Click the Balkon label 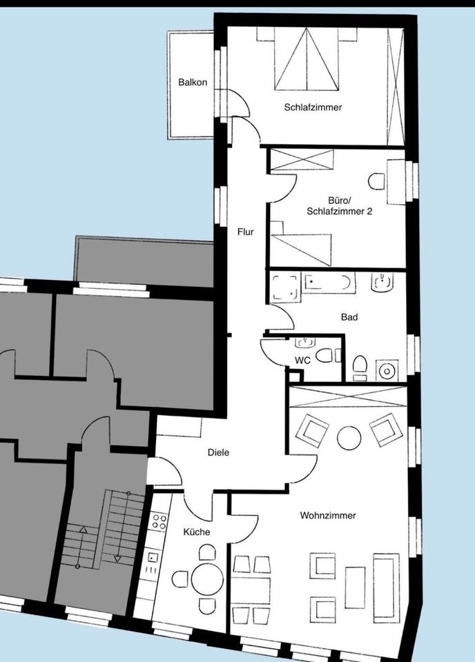pyautogui.click(x=192, y=82)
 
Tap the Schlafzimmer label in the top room pyautogui.click(x=313, y=108)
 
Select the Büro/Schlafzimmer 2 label pyautogui.click(x=339, y=207)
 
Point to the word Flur pyautogui.click(x=245, y=232)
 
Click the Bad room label pyautogui.click(x=349, y=318)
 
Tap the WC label pyautogui.click(x=302, y=360)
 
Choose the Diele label pyautogui.click(x=218, y=453)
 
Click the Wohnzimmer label pyautogui.click(x=328, y=515)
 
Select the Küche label pyautogui.click(x=196, y=532)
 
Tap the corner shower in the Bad pyautogui.click(x=284, y=288)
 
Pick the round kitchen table pyautogui.click(x=206, y=579)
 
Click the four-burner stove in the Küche pyautogui.click(x=159, y=521)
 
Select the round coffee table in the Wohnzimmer pyautogui.click(x=349, y=437)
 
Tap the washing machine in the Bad pyautogui.click(x=387, y=371)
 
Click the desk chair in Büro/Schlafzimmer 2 pyautogui.click(x=377, y=181)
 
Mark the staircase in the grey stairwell pyautogui.click(x=104, y=528)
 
